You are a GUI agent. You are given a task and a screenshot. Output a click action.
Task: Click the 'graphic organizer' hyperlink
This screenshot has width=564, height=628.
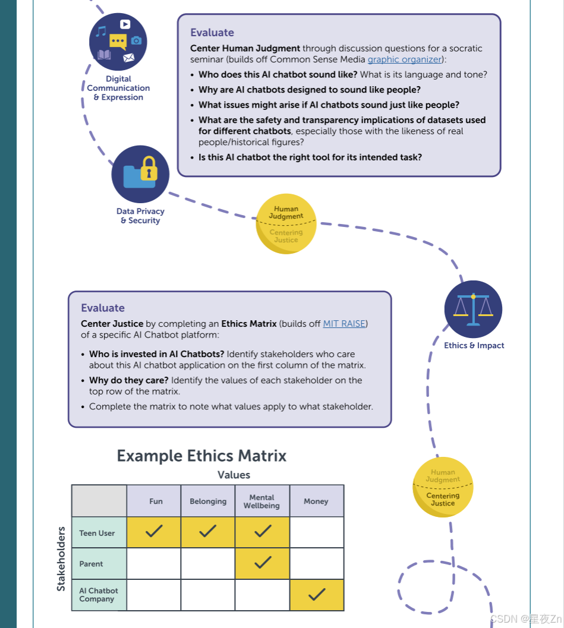click(405, 59)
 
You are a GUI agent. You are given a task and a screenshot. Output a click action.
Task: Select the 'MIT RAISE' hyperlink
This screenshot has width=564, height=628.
click(345, 324)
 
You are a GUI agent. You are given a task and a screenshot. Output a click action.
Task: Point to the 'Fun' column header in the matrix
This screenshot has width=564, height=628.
click(156, 501)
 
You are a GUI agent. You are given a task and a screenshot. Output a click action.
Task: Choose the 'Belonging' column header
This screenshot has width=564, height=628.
click(208, 501)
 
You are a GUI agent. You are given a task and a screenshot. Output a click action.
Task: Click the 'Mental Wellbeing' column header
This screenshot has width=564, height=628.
click(261, 501)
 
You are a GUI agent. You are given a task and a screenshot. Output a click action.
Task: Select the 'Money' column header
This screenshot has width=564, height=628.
click(316, 501)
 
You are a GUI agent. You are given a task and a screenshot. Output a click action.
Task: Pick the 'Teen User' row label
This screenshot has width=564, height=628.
click(97, 533)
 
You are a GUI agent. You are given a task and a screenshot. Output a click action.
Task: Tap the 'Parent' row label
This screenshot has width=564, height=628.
click(92, 564)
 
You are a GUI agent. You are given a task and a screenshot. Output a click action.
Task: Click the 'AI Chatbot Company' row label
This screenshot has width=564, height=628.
click(99, 595)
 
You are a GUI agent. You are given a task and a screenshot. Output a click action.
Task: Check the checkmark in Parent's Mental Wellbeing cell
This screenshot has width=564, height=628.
click(262, 563)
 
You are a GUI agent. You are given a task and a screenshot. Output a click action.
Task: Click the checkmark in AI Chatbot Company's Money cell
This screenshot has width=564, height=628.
click(317, 594)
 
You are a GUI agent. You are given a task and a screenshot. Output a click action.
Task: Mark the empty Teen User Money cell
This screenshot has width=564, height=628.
click(317, 532)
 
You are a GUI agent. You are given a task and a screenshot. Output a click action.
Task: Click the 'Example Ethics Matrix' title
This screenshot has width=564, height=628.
click(201, 456)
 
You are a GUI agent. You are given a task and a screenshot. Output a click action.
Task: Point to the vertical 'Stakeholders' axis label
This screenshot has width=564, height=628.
click(61, 558)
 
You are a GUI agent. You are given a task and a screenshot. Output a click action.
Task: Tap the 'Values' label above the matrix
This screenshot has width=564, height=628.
click(234, 475)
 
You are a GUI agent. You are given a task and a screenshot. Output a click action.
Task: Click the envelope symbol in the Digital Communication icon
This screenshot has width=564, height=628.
click(128, 58)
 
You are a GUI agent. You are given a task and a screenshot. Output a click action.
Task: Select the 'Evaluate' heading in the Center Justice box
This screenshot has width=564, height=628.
click(103, 308)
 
